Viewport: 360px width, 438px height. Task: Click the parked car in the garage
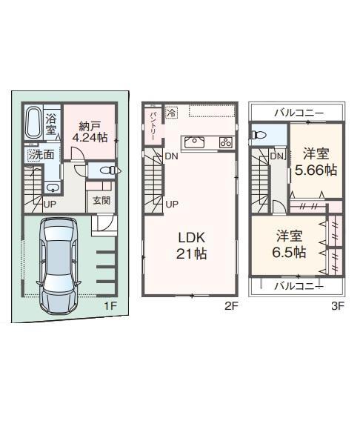pos(58,266)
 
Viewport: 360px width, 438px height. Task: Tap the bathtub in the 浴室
pos(34,122)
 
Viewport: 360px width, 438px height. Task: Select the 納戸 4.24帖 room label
pos(90,132)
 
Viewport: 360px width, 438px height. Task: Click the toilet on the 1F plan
pos(110,170)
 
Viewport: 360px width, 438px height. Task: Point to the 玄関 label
pos(101,200)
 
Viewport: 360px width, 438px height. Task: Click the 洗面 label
pos(42,154)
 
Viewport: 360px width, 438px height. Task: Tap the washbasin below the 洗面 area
pos(52,188)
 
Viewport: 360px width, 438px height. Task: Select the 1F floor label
pos(110,306)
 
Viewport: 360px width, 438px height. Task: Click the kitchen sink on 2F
pos(194,142)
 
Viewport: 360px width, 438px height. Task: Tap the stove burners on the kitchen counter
pos(226,142)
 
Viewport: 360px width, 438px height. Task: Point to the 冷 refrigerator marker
pos(172,113)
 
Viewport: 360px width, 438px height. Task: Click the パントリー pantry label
pos(153,126)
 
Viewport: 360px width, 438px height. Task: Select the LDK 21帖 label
pos(192,245)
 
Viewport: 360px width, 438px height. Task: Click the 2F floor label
pos(231,306)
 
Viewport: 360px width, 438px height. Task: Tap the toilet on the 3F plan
pos(259,135)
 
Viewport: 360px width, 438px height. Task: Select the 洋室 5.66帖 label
pos(316,162)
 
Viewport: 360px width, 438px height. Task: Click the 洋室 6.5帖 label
pos(289,244)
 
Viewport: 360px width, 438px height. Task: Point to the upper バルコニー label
pos(299,113)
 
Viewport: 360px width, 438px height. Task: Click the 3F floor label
pos(338,306)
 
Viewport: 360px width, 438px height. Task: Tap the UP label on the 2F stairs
pos(172,205)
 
